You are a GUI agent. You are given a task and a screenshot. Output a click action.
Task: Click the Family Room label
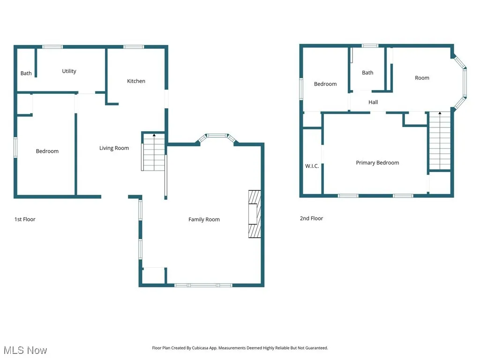(x=204, y=219)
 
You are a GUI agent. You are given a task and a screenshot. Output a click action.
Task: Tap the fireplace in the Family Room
(x=255, y=214)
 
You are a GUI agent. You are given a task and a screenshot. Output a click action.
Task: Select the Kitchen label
(x=136, y=81)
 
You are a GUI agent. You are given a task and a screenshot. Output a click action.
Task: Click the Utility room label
(x=69, y=71)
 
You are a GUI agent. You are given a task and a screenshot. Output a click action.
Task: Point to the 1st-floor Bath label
(x=26, y=73)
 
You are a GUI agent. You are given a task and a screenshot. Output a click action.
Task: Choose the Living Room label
(x=114, y=148)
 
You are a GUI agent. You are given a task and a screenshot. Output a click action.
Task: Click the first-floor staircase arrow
(x=154, y=136)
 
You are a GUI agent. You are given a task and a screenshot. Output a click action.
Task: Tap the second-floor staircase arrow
(x=440, y=114)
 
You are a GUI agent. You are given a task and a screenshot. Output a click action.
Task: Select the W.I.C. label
(x=312, y=166)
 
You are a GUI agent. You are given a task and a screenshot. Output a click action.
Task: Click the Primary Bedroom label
(x=377, y=163)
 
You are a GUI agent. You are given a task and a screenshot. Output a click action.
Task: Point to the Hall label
(x=373, y=102)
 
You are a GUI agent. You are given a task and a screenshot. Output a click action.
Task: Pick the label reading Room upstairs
(x=422, y=78)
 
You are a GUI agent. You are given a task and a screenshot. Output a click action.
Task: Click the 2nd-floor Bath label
(x=367, y=73)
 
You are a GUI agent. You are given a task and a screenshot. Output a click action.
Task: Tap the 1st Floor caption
(x=25, y=219)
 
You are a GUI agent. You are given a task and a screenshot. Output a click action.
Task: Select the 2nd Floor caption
(x=311, y=218)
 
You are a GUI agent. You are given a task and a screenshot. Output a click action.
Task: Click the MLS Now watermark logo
(x=25, y=350)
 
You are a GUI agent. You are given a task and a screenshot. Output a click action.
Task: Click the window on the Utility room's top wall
(x=52, y=47)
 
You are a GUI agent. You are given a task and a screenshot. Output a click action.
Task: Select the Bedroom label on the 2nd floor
(x=325, y=84)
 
